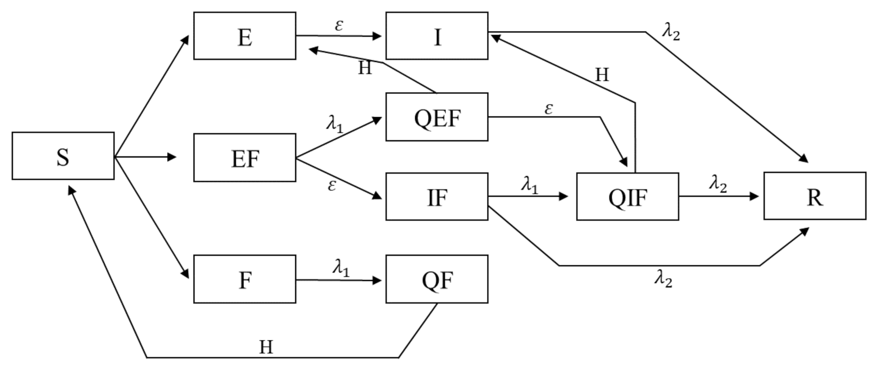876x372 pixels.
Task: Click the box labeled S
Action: pos(63,156)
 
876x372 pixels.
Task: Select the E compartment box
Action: pos(244,36)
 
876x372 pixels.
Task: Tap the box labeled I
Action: pos(437,36)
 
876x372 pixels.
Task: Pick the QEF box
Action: pos(437,117)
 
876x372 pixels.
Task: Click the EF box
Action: pos(244,157)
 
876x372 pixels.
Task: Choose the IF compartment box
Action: pos(437,197)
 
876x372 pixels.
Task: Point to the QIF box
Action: pos(627,197)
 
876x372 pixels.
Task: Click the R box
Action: pos(814,196)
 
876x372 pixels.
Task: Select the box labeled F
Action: pos(244,279)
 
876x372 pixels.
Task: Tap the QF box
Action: pos(437,279)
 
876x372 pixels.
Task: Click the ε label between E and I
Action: pos(339,25)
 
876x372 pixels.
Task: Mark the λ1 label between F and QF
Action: pos(341,267)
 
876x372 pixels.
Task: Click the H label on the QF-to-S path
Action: pos(266,347)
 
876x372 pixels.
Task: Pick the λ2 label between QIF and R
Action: pos(718,183)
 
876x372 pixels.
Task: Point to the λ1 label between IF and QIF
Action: pos(530,184)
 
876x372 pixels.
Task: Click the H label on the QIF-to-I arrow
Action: pos(602,75)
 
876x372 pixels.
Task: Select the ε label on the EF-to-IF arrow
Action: pos(332,185)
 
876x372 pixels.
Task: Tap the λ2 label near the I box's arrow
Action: pos(671,32)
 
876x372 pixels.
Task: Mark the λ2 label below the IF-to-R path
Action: pos(663,278)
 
